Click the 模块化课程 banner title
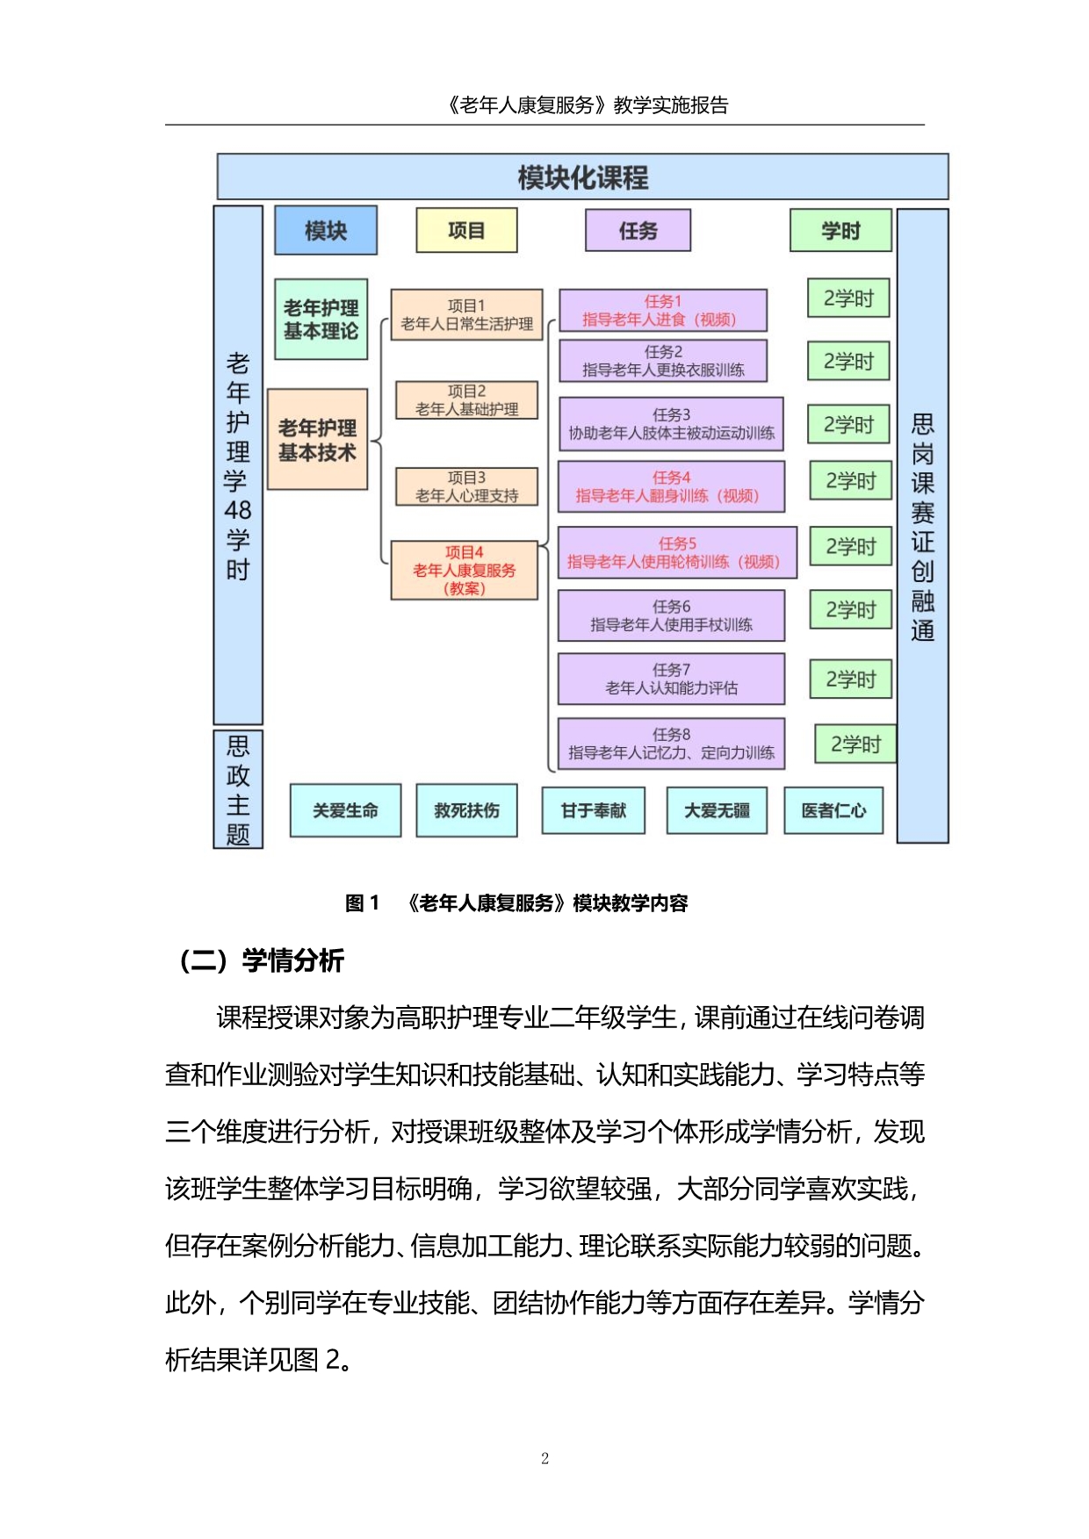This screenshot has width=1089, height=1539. click(582, 177)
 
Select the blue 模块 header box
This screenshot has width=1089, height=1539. click(326, 231)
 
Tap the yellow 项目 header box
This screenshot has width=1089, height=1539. click(466, 231)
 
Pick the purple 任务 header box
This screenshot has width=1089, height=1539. click(638, 231)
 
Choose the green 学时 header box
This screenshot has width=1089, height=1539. click(840, 231)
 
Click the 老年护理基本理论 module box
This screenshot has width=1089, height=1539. click(321, 320)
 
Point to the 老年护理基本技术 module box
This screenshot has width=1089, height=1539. click(317, 440)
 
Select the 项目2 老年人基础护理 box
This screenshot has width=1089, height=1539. click(466, 400)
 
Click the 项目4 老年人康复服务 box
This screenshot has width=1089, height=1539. click(464, 571)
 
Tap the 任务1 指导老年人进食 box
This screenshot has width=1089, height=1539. click(662, 311)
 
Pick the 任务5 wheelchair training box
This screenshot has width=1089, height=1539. click(676, 553)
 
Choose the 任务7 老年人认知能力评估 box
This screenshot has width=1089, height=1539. click(671, 679)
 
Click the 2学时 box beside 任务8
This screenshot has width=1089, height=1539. click(855, 744)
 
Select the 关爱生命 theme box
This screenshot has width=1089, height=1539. click(345, 810)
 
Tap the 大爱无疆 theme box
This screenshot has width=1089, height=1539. click(717, 810)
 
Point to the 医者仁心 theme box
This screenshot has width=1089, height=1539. click(833, 810)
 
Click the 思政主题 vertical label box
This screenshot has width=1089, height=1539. click(238, 789)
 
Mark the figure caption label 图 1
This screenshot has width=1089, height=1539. click(362, 903)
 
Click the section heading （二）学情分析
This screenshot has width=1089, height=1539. click(261, 960)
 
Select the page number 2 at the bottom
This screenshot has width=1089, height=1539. click(544, 1459)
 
